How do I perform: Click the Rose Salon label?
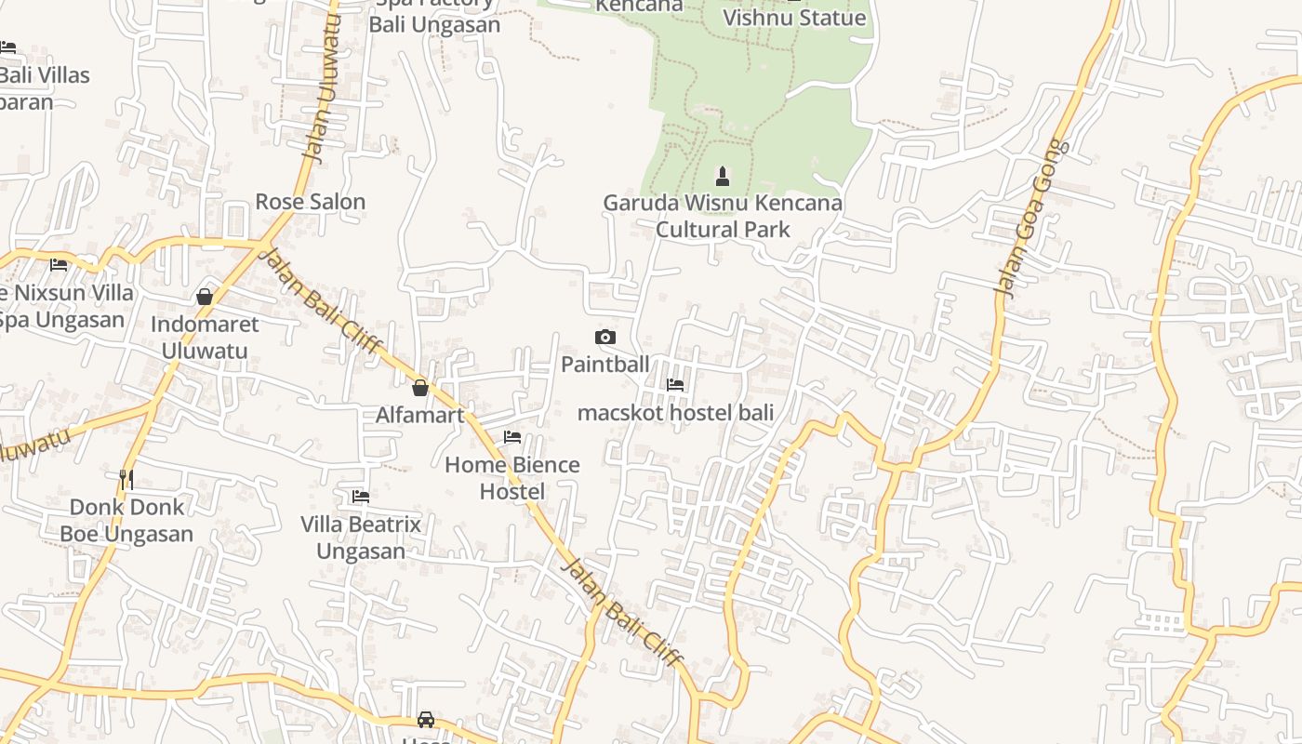[x=310, y=202]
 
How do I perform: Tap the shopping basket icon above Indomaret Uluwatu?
[x=205, y=297]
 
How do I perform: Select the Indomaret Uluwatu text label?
[x=205, y=338]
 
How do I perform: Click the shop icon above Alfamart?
[x=420, y=388]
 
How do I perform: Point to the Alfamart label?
[x=419, y=415]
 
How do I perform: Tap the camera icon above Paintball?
[x=604, y=337]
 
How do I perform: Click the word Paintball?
[x=604, y=365]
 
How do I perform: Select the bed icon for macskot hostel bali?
[x=675, y=384]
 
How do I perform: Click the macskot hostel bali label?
[x=675, y=412]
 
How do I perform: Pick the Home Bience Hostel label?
[x=512, y=478]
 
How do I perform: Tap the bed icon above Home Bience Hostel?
[x=512, y=436]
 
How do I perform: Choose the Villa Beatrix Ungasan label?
[x=361, y=538]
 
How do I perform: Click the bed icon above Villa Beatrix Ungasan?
[x=361, y=496]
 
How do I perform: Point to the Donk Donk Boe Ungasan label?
[x=126, y=520]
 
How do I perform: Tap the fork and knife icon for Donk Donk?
[x=126, y=479]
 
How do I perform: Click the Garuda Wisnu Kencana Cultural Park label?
[x=723, y=216]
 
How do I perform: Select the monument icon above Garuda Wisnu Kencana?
[x=723, y=176]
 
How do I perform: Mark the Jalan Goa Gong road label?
[x=1031, y=219]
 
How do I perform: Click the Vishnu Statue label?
[x=794, y=18]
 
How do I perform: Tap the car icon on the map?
[x=426, y=719]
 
